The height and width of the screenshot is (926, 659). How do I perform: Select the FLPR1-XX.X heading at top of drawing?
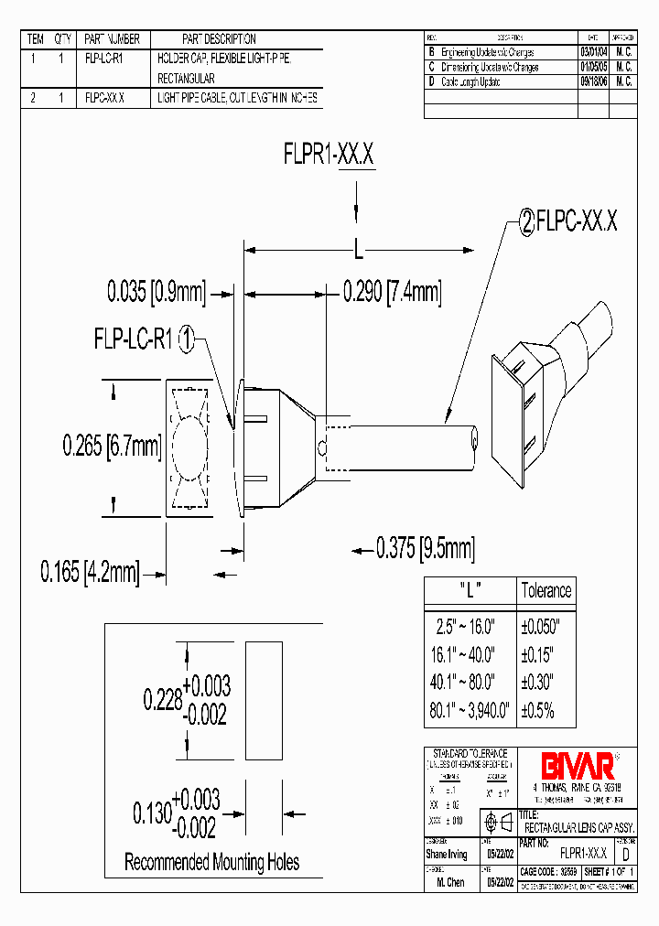tap(329, 156)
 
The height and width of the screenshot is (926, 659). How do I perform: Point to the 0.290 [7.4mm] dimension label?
tap(392, 292)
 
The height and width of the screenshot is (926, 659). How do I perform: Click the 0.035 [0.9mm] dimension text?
tap(156, 292)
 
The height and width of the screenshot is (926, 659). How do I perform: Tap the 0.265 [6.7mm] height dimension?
tap(112, 446)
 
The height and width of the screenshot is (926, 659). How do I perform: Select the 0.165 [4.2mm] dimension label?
tap(90, 574)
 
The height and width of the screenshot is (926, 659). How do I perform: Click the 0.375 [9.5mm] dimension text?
tap(426, 548)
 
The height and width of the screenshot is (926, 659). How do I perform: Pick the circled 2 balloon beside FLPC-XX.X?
tap(526, 222)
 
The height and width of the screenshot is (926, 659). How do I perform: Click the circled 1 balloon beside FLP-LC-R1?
tap(186, 340)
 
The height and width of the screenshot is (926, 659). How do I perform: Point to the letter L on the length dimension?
tap(359, 248)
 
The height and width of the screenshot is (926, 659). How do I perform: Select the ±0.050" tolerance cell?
tap(546, 627)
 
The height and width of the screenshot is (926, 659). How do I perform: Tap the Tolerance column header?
tap(546, 590)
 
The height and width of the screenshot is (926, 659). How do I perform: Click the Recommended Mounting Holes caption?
tap(212, 862)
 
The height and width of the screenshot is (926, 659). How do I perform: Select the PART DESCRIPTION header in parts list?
tap(219, 39)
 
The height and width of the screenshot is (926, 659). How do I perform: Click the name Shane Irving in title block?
tap(447, 854)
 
